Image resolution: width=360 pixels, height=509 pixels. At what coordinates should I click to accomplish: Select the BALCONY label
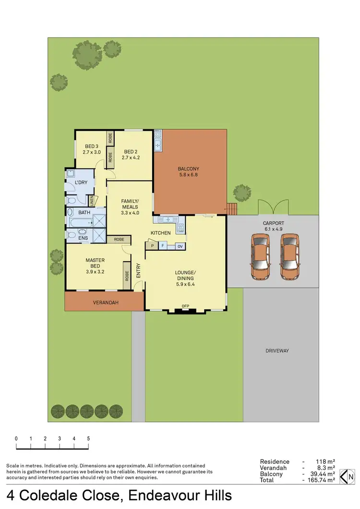coord(188,169)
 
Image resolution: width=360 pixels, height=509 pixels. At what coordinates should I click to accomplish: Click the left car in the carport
coord(262,256)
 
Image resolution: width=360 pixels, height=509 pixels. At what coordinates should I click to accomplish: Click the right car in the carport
coord(290,256)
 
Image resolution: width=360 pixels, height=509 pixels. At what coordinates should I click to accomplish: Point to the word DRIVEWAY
coord(277,351)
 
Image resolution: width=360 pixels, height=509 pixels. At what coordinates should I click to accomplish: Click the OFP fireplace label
coord(185,306)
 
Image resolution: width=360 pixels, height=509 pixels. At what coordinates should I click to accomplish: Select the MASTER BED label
coord(95,263)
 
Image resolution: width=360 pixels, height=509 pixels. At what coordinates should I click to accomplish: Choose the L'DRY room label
coord(80,182)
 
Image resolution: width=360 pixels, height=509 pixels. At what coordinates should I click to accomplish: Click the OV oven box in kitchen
coord(180,246)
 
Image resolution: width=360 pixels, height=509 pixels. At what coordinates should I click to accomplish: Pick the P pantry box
coord(152,246)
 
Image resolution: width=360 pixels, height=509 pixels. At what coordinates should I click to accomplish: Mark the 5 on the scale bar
coord(88,438)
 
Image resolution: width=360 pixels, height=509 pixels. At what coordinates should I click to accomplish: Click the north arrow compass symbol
coord(347,476)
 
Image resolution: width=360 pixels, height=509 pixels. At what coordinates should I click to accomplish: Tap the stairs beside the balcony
coord(232,209)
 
